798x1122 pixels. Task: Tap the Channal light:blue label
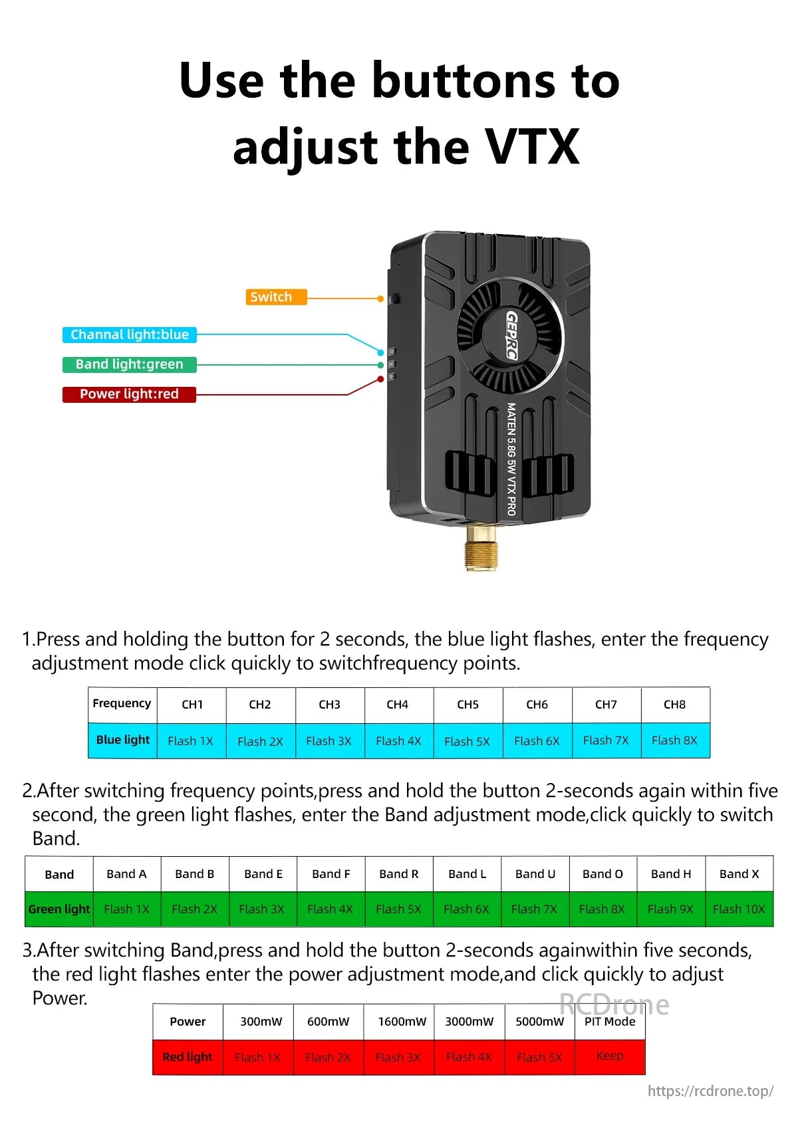click(130, 334)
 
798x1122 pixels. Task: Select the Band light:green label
click(130, 364)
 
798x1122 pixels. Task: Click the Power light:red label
click(130, 394)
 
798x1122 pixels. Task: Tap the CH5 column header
click(467, 705)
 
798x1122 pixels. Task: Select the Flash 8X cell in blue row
click(674, 740)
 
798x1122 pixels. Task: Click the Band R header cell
click(398, 874)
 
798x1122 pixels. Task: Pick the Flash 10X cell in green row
click(739, 909)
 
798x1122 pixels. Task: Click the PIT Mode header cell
click(610, 1022)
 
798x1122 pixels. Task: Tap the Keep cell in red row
click(610, 1056)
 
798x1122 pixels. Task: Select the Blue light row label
click(123, 740)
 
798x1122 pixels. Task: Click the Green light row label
click(59, 909)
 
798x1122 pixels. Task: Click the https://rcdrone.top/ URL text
click(710, 1091)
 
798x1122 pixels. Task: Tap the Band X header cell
click(739, 874)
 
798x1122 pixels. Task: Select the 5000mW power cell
click(539, 1022)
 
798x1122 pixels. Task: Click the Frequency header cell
click(122, 704)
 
